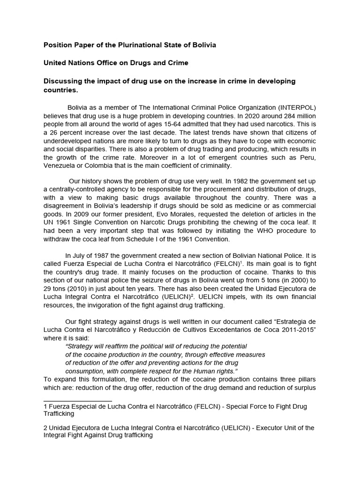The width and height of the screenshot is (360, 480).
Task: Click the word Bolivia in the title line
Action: click(x=203, y=45)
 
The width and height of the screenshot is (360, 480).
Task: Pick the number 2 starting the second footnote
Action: click(x=45, y=427)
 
